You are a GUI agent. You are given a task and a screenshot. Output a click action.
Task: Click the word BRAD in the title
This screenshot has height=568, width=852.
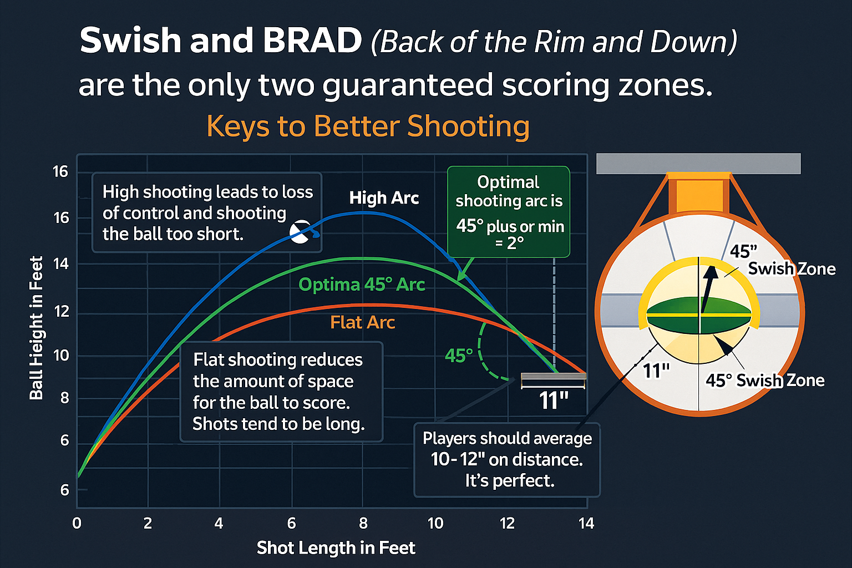pyautogui.click(x=312, y=41)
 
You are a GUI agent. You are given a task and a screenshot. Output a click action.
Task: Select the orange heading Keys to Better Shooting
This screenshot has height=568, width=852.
pyautogui.click(x=368, y=126)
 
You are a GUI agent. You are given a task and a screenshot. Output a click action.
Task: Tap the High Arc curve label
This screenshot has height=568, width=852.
pyautogui.click(x=384, y=198)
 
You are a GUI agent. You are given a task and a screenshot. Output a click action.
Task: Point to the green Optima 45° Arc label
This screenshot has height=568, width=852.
pyautogui.click(x=362, y=285)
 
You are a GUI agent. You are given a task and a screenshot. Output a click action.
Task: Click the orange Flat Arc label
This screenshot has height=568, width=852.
pyautogui.click(x=362, y=322)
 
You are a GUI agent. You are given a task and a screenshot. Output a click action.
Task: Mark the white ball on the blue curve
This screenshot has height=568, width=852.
pyautogui.click(x=300, y=232)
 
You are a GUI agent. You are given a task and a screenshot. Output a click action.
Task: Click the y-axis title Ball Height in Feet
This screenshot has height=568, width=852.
pyautogui.click(x=37, y=327)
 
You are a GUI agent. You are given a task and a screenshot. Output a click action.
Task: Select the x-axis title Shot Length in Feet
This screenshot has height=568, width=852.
pyautogui.click(x=336, y=548)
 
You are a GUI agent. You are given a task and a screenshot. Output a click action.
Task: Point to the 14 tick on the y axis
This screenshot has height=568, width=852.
pyautogui.click(x=60, y=264)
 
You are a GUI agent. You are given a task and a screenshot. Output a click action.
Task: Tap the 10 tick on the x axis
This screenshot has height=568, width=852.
pyautogui.click(x=435, y=523)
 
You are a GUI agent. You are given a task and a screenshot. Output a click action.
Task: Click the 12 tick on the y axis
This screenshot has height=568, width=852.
pyautogui.click(x=60, y=311)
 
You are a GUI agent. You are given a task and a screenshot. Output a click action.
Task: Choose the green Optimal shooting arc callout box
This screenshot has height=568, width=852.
pyautogui.click(x=509, y=212)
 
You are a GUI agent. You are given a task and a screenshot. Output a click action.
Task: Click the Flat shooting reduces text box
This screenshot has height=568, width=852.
pyautogui.click(x=281, y=392)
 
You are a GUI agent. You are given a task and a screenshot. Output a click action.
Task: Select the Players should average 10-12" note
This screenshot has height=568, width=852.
pyautogui.click(x=507, y=460)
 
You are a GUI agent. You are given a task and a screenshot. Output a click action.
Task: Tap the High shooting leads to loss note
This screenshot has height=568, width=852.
pyautogui.click(x=207, y=213)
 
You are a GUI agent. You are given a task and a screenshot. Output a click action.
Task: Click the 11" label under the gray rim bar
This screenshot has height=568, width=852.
pyautogui.click(x=554, y=400)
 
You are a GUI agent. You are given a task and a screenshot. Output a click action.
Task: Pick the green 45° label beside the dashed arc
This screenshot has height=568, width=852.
pyautogui.click(x=459, y=356)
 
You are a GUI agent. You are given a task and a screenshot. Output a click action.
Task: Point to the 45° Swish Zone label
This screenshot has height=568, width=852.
pyautogui.click(x=764, y=381)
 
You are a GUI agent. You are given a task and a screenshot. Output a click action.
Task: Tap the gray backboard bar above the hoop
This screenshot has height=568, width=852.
pyautogui.click(x=698, y=164)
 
